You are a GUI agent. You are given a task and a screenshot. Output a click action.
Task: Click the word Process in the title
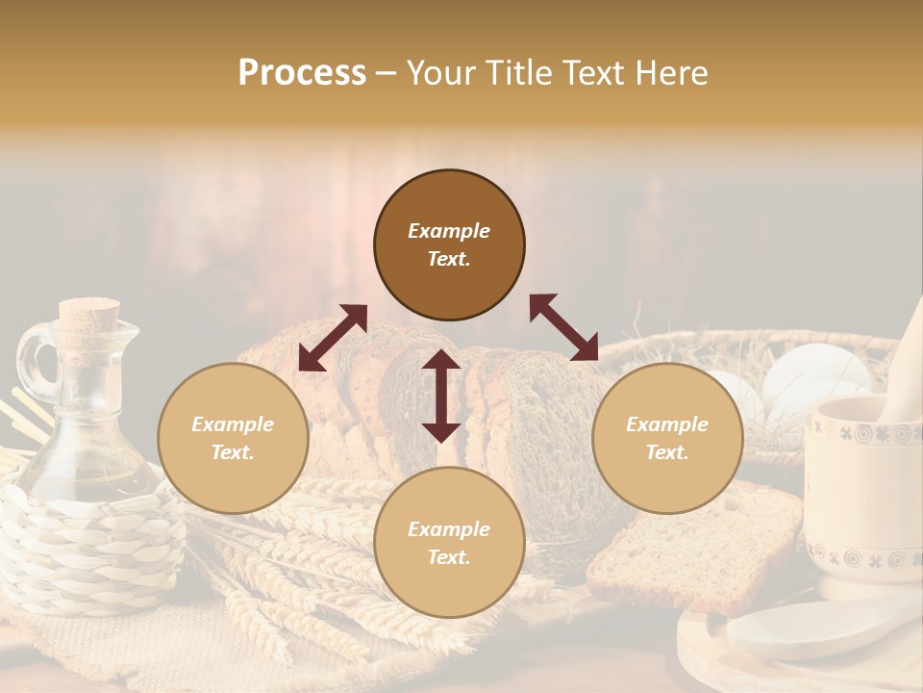tap(302, 73)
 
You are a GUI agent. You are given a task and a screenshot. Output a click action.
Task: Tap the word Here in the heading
tap(670, 73)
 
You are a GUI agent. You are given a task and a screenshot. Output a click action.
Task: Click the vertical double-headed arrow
tap(441, 396)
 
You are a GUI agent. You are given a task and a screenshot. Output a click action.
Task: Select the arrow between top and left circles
tap(333, 338)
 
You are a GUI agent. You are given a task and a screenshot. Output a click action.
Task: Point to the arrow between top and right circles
tap(564, 327)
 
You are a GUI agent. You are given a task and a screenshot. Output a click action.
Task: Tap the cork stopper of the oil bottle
tap(89, 315)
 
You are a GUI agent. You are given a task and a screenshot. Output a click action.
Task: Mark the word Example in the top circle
tap(449, 231)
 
